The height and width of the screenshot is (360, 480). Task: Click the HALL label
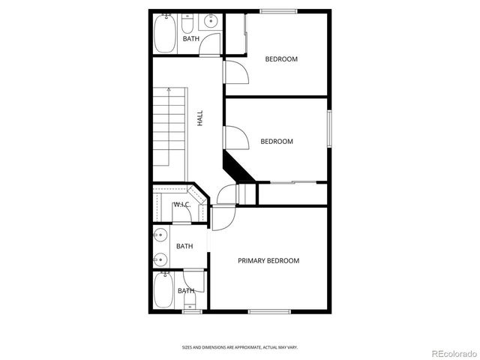[200, 118]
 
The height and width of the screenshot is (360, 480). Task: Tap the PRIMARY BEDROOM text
[268, 261]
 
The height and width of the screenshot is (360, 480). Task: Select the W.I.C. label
[181, 205]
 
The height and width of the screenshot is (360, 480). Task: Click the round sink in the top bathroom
[211, 22]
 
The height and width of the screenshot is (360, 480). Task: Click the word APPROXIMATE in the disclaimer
[240, 347]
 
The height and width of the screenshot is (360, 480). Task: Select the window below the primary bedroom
[269, 310]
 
